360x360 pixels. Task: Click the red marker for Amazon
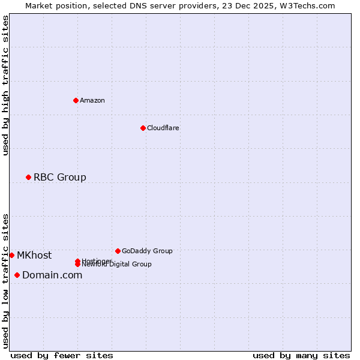click(76, 100)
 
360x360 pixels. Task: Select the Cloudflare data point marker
click(143, 128)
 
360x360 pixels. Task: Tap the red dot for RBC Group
click(28, 177)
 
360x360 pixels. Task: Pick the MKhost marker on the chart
click(11, 255)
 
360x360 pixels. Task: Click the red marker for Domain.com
click(17, 275)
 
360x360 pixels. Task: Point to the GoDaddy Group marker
click(118, 251)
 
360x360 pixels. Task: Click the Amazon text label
click(92, 100)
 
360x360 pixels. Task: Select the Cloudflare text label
click(163, 128)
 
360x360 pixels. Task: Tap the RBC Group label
click(59, 177)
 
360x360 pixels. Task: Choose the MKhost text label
click(34, 255)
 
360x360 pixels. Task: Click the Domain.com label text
click(52, 275)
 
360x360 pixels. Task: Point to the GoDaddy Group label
click(147, 251)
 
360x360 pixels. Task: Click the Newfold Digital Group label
click(118, 265)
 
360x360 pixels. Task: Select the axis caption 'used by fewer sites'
click(62, 355)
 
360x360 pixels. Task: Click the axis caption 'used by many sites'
click(301, 355)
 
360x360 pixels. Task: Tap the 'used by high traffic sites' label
click(5, 85)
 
